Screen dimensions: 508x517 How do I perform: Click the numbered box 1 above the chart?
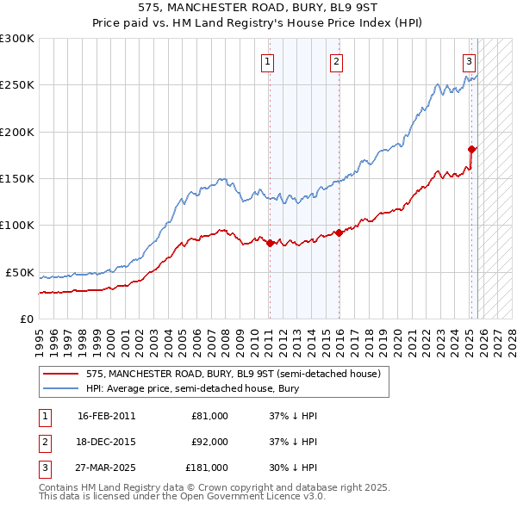269,61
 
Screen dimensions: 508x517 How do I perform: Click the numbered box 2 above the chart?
335,61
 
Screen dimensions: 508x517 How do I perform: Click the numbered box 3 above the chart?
469,61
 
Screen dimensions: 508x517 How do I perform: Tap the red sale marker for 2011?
270,243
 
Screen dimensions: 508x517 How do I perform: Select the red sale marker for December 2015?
339,232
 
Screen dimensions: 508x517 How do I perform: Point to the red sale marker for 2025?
472,149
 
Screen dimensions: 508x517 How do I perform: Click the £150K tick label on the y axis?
17,179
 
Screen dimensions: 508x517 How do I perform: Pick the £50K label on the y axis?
20,272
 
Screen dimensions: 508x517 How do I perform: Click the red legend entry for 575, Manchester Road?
233,374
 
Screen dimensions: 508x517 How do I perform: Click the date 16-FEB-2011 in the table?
106,416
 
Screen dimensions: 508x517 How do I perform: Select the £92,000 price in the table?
209,442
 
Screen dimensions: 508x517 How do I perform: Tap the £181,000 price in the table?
207,468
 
